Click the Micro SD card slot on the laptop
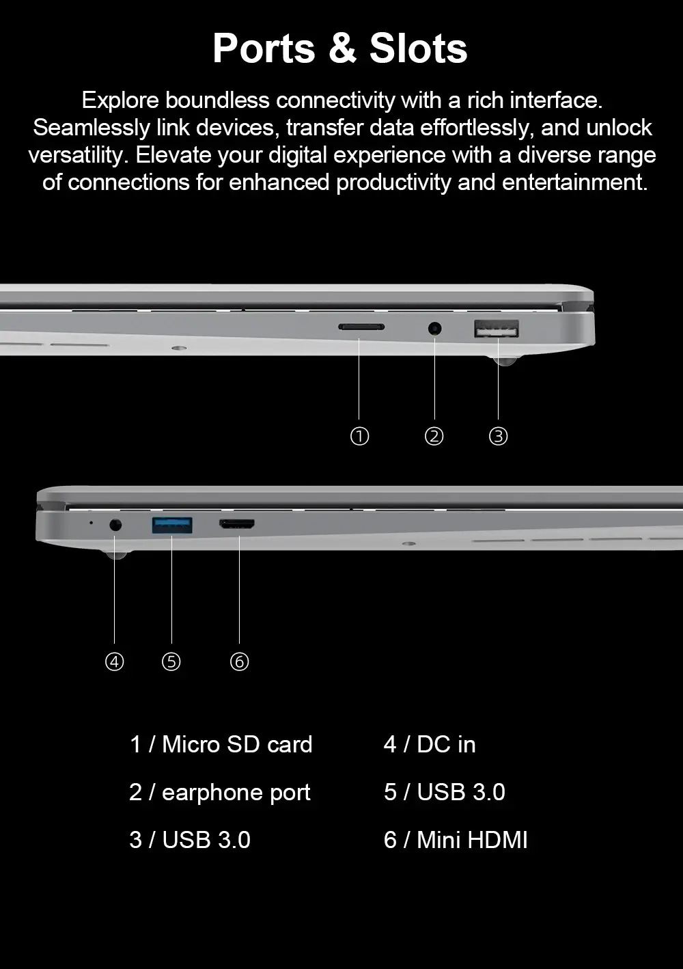tap(361, 327)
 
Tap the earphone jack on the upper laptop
tap(435, 329)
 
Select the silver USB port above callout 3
tap(497, 329)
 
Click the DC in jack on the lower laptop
tap(115, 526)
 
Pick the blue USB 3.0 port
tap(172, 526)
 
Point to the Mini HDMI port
tap(237, 524)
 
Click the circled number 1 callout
tap(359, 437)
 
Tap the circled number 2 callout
tap(434, 437)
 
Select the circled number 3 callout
tap(498, 437)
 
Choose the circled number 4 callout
tap(115, 661)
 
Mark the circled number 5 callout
tap(171, 661)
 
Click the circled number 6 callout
tap(240, 661)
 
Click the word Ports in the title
tap(264, 49)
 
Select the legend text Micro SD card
tap(237, 744)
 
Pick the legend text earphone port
tap(236, 793)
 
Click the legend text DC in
tap(446, 744)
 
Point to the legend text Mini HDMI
tap(472, 840)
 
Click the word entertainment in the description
tap(575, 182)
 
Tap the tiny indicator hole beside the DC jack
tap(91, 523)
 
